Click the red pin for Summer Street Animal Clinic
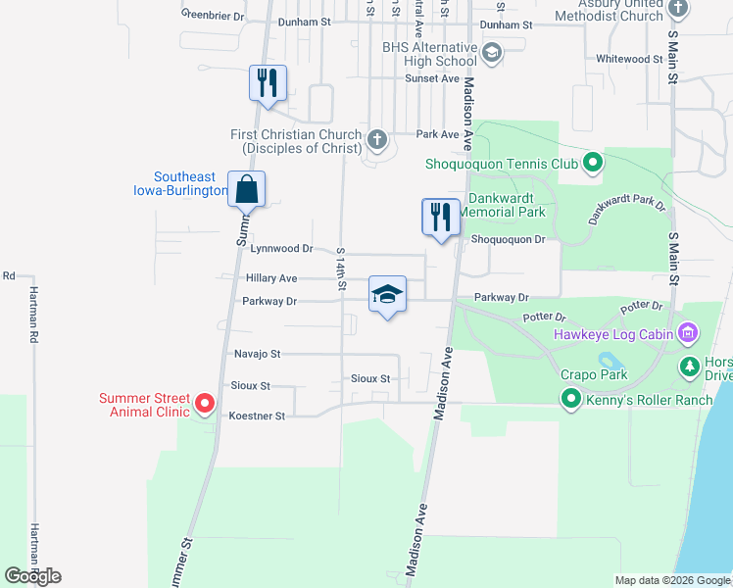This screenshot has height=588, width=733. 205,403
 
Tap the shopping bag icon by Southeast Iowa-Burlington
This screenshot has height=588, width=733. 246,189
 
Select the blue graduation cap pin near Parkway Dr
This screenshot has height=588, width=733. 387,294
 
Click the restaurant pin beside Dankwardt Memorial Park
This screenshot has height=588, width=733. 441,217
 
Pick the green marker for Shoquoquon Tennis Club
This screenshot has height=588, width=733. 592,164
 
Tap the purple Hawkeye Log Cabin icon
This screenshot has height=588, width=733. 688,334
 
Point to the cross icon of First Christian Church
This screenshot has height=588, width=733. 377,141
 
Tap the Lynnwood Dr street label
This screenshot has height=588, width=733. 281,249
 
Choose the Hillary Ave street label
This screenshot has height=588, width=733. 271,278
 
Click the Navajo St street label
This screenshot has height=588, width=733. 257,353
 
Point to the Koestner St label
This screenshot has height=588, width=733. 256,416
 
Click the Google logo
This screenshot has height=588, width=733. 32,575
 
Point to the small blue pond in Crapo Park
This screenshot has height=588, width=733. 605,360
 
